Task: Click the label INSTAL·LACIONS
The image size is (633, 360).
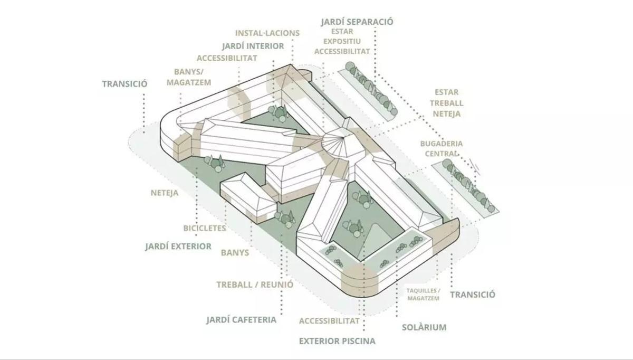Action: (x=267, y=33)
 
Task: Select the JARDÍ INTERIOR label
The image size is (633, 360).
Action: (x=253, y=46)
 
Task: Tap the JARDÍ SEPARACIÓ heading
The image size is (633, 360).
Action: (x=357, y=22)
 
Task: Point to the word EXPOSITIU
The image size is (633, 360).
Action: (x=342, y=41)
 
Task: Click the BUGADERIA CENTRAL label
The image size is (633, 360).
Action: (x=442, y=148)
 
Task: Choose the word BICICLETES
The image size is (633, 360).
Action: (x=205, y=228)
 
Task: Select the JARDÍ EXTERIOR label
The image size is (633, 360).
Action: (x=178, y=247)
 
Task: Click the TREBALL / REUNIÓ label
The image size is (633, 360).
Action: (x=255, y=285)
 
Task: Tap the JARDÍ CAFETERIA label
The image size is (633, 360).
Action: (x=242, y=320)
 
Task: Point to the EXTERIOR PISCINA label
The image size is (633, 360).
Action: (x=337, y=341)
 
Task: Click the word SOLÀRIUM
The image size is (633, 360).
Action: (x=424, y=327)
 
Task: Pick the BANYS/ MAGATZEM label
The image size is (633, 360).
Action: (x=189, y=77)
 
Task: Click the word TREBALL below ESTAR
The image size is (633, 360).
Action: (x=446, y=103)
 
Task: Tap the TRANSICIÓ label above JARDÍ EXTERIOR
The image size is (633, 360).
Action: (x=124, y=84)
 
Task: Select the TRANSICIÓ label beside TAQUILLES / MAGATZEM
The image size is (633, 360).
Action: (x=473, y=295)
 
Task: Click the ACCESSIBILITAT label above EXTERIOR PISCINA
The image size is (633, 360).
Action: (x=329, y=321)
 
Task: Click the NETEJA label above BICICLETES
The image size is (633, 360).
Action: (x=165, y=193)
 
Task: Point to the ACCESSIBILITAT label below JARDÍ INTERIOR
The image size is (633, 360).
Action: (x=227, y=58)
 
